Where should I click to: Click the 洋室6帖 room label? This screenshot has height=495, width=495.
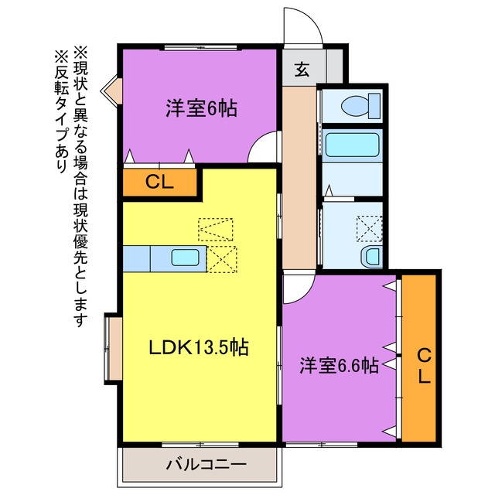(x=201, y=108)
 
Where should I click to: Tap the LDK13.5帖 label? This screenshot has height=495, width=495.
(x=199, y=347)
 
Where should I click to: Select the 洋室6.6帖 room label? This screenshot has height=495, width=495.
(x=339, y=366)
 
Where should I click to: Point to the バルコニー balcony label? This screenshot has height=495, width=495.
(x=207, y=464)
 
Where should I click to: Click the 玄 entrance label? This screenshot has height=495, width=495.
(x=302, y=70)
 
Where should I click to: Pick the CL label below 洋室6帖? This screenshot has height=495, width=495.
(x=159, y=183)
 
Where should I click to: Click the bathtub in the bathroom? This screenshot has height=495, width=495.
(x=352, y=145)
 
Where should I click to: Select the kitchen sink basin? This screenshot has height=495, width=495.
(x=186, y=258)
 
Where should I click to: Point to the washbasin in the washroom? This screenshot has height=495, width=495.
(x=371, y=257)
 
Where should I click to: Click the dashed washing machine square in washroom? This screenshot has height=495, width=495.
(x=369, y=229)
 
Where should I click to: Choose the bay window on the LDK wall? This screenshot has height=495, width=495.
(x=113, y=349)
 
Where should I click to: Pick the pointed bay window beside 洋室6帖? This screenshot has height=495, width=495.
(x=111, y=91)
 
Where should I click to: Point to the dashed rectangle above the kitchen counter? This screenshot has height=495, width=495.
(x=215, y=230)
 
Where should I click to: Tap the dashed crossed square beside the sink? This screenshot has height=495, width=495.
(x=222, y=259)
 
